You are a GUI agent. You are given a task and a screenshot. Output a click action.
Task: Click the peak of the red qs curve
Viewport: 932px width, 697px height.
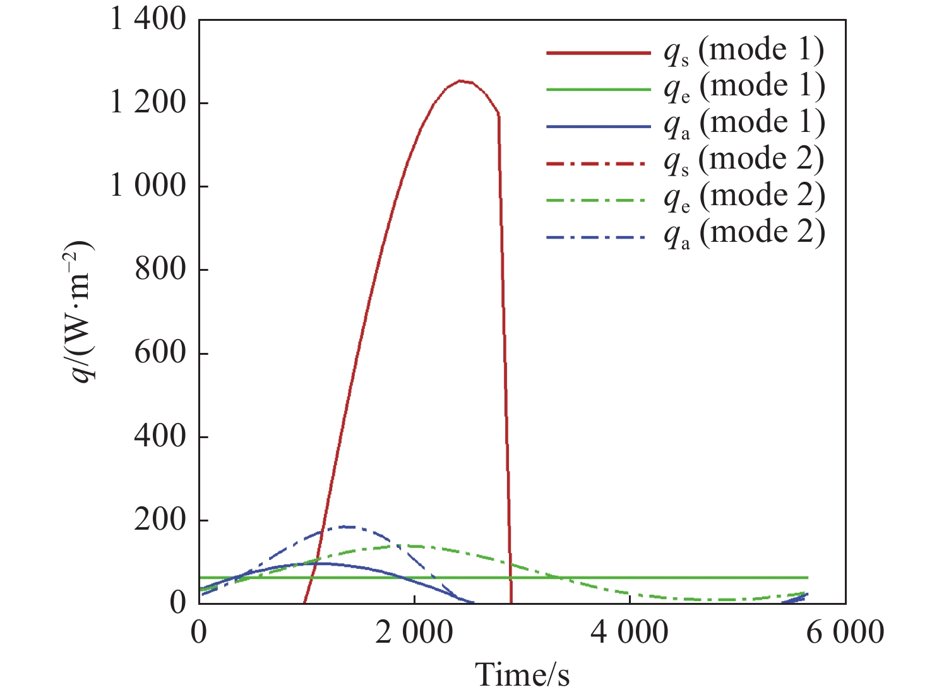461,81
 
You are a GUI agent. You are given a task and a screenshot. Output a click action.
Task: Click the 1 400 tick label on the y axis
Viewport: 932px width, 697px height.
148,20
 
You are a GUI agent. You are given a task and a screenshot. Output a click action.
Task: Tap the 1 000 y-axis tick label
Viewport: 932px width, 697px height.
148,186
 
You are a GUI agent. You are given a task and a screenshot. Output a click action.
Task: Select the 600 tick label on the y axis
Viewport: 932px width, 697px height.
160,353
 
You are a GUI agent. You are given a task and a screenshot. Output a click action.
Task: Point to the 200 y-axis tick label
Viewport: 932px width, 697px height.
160,520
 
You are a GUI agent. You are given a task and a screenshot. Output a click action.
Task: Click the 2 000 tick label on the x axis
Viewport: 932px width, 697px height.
414,633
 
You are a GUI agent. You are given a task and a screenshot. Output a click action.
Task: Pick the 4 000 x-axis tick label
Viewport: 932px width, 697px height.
630,633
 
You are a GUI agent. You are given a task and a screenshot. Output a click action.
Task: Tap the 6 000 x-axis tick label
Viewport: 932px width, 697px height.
845,633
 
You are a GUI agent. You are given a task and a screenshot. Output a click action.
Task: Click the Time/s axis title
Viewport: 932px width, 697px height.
522,674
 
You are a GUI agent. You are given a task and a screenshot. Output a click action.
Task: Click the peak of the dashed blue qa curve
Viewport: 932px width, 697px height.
344,526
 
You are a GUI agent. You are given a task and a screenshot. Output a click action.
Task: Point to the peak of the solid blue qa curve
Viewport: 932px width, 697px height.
320,563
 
